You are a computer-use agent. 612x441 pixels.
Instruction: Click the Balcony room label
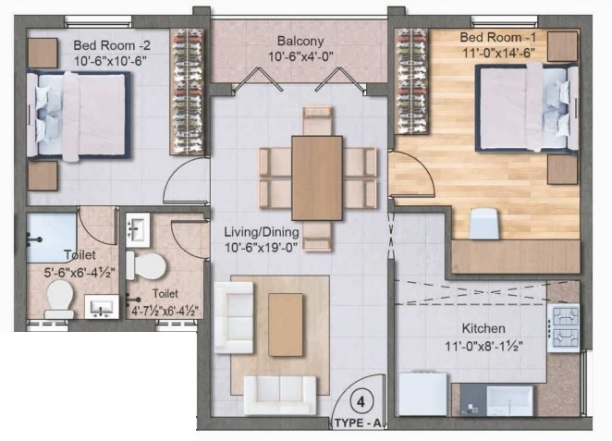click(300, 41)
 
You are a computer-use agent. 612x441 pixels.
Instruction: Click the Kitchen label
click(483, 328)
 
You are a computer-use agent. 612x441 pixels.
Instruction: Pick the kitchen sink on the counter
click(509, 400)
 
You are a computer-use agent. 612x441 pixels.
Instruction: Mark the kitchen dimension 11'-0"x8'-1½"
click(484, 349)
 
